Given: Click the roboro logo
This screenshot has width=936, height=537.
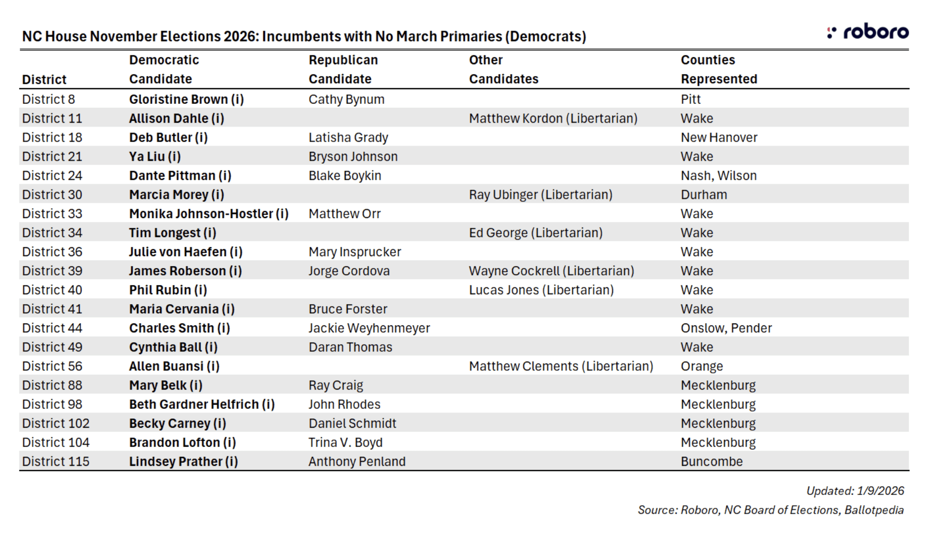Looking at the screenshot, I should pos(868,32).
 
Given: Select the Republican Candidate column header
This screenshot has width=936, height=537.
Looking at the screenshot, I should pos(343,69).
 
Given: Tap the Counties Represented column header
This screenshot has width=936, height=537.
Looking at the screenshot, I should pos(718,69).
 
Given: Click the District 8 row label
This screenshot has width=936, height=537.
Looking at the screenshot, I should pos(48,99).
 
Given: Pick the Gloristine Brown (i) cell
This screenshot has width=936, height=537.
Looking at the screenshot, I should pos(187,99).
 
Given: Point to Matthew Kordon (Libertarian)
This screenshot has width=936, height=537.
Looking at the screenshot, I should pos(553,119).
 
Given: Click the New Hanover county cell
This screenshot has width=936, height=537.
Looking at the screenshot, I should pos(718,137).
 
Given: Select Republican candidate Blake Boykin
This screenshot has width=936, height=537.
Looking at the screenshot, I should pos(345,176).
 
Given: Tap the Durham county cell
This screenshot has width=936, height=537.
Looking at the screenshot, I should pos(703,195).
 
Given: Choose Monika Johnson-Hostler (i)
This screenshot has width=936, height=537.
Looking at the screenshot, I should pos(209,214).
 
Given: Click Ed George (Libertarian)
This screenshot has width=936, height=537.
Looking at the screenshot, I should pos(535,233).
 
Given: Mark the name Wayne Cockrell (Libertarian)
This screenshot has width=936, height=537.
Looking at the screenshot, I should pos(551,271).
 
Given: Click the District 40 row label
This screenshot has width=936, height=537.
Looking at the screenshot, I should pos(52,290).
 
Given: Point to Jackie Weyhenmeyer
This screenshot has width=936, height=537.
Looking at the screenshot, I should pos(369,328).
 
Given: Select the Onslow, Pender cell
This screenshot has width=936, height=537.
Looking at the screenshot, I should pos(726,328).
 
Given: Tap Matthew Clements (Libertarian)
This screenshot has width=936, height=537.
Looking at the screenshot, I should pos(561,366).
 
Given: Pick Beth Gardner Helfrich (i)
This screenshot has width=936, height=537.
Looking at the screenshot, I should pos(202,404).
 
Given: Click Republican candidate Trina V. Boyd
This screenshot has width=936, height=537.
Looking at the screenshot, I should pos(345,443).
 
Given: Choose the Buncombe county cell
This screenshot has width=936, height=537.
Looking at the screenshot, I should pos(711,462).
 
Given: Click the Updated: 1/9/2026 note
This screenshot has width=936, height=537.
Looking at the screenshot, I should pos(855,491).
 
